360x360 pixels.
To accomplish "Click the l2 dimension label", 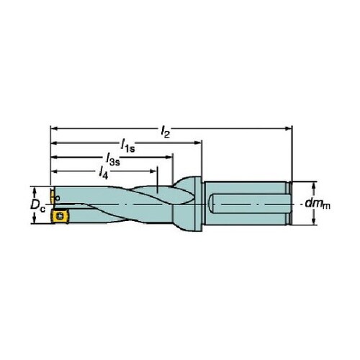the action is (165, 132).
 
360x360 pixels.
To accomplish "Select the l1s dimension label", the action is (127, 146).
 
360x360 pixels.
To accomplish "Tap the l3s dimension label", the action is (113, 161).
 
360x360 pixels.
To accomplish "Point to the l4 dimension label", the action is (104, 173).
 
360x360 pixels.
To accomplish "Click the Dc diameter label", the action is (37, 205).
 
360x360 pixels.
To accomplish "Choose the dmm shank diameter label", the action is (318, 204).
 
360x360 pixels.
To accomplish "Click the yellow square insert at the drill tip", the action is (60, 216).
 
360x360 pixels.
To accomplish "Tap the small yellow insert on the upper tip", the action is (52, 196).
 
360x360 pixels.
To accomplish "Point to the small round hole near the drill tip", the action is (57, 199).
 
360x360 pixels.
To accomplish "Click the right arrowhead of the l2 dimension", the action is (289, 129).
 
